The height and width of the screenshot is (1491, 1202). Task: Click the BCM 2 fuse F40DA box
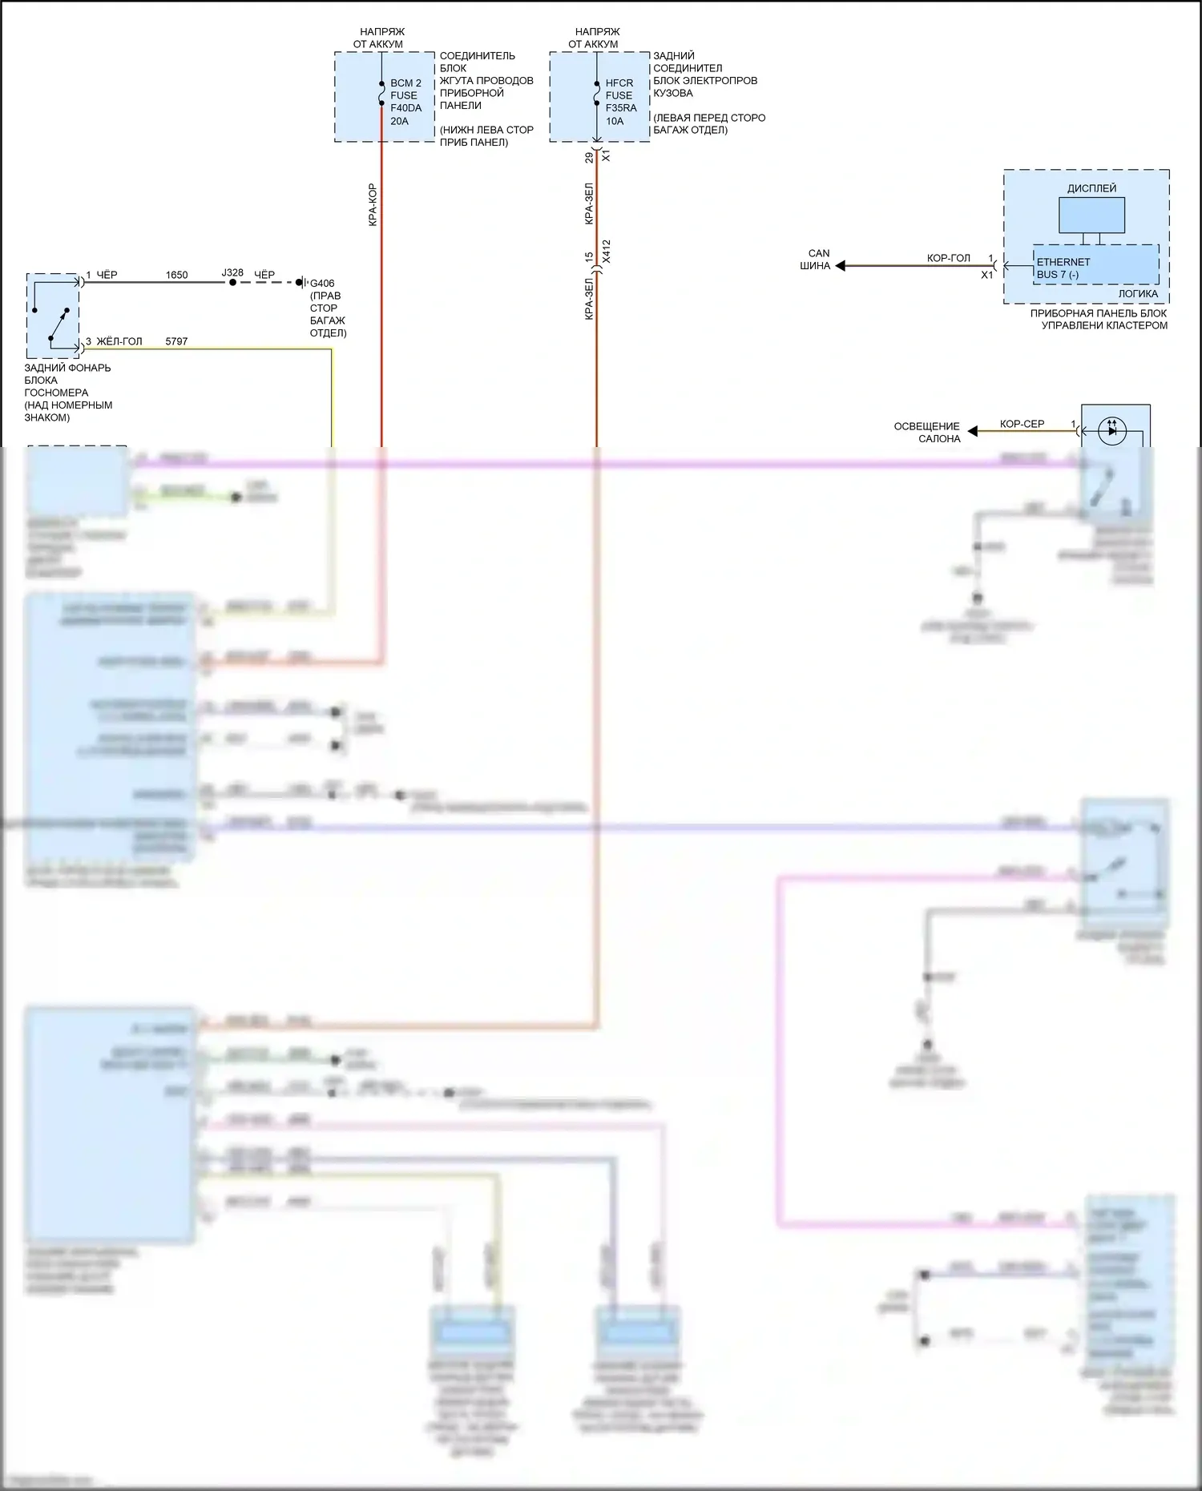click(x=385, y=97)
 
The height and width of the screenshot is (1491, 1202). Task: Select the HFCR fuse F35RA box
click(x=599, y=97)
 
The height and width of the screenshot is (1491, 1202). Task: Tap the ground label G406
click(x=322, y=283)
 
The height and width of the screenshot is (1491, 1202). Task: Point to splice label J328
click(x=232, y=273)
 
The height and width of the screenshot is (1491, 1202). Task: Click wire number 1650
click(x=176, y=275)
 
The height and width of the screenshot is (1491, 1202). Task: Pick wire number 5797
click(x=176, y=341)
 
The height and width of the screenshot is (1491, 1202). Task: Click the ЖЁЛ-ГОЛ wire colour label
click(x=119, y=341)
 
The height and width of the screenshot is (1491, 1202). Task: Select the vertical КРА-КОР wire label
click(x=373, y=205)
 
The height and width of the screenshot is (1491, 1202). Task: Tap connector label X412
click(x=607, y=251)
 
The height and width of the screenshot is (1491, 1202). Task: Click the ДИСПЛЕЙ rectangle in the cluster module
click(x=1091, y=215)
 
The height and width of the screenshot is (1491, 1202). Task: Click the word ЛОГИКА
click(x=1138, y=293)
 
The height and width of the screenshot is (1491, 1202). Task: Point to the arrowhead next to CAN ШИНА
click(x=841, y=265)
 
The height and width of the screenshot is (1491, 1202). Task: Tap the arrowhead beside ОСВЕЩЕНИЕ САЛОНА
click(x=973, y=431)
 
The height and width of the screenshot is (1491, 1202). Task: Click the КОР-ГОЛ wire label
click(x=948, y=258)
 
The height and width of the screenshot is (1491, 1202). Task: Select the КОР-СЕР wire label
click(x=1022, y=424)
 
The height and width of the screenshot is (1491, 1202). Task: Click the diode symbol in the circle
click(x=1111, y=430)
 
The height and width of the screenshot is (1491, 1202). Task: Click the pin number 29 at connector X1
click(x=589, y=158)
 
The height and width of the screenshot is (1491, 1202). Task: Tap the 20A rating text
click(x=400, y=121)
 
